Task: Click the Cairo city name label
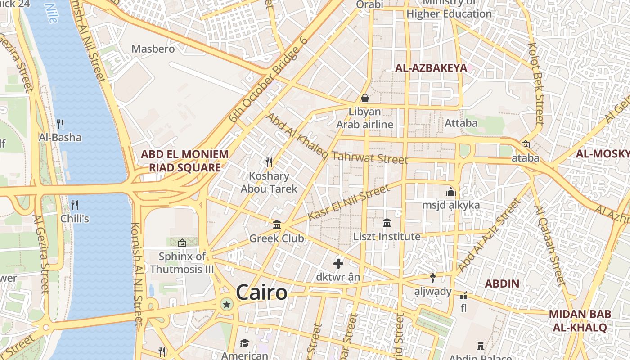[x=261, y=292]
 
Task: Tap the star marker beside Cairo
[x=227, y=305]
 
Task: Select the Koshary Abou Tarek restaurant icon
[x=269, y=162]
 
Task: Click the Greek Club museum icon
[x=277, y=225]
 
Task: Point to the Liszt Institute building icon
[x=387, y=223]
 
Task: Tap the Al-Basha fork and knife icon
[x=60, y=124]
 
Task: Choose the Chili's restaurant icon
[x=75, y=205]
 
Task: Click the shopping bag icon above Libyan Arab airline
[x=365, y=98]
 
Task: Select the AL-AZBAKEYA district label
[x=431, y=68]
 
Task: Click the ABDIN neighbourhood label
[x=502, y=284]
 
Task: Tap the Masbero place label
[x=153, y=49]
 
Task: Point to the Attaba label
[x=461, y=123]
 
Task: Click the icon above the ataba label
[x=525, y=144]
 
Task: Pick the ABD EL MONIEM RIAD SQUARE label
[x=185, y=161]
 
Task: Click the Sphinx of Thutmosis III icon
[x=182, y=243]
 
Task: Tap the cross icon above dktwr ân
[x=338, y=264]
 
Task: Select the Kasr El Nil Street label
[x=348, y=202]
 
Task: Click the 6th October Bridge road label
[x=268, y=81]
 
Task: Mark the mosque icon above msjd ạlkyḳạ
[x=451, y=192]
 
